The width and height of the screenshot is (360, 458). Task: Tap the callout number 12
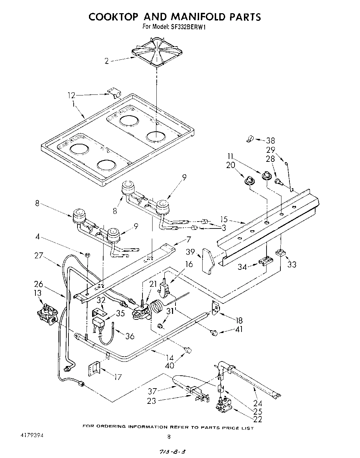pos(71,95)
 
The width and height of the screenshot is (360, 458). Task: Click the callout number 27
pos(39,256)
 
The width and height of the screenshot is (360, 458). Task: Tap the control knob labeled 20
pos(249,180)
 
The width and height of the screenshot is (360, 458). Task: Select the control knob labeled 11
pos(267,176)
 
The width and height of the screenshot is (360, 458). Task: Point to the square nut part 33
pos(280,253)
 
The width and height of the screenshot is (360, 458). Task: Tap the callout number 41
pos(239,329)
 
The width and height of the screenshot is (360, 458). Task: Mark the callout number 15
pos(224,219)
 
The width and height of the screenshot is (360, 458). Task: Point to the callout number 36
pos(130,336)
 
